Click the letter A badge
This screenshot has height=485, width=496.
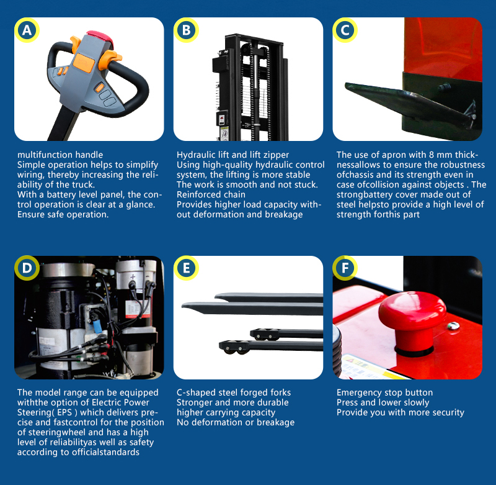[x=27, y=30]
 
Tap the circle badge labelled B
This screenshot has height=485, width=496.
[x=187, y=30]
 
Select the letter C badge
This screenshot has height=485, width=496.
[x=345, y=30]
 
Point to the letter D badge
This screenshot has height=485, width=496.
[x=27, y=268]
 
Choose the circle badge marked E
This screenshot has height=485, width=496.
[x=187, y=268]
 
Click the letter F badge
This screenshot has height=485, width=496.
[x=345, y=268]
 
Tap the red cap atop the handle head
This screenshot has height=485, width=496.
[x=100, y=37]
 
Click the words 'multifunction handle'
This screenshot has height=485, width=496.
[x=60, y=155]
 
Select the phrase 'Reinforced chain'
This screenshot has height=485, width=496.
[x=211, y=194]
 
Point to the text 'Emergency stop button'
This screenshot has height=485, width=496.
[x=384, y=392]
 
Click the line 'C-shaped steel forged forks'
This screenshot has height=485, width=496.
[x=234, y=392]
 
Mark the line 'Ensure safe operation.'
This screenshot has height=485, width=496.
[x=63, y=214]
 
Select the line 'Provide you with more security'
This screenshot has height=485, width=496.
[x=401, y=412]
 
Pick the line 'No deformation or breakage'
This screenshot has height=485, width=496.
[x=236, y=422]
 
